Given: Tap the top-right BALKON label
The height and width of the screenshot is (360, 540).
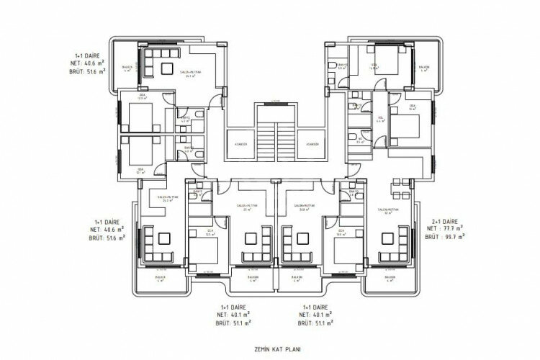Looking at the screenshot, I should click(424, 68).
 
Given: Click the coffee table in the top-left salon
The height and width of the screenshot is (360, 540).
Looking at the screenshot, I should click(166, 68).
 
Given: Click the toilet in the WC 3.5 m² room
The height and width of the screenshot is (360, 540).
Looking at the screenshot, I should click(351, 138).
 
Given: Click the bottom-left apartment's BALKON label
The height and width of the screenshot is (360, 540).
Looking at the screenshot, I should click(161, 278).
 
